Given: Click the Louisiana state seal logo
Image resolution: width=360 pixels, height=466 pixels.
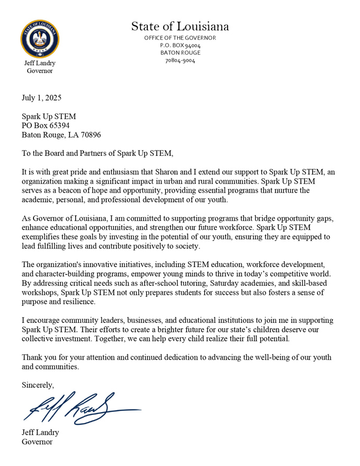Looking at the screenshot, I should [40, 39].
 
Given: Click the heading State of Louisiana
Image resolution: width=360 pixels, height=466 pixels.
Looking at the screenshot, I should [180, 26].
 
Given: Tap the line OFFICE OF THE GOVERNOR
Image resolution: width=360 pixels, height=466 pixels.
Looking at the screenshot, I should [180, 38].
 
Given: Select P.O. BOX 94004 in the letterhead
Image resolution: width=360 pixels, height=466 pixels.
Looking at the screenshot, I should [180, 45].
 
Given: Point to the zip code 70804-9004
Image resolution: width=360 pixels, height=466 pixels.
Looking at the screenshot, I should [180, 61].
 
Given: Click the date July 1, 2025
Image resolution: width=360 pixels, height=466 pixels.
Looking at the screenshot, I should [41, 98].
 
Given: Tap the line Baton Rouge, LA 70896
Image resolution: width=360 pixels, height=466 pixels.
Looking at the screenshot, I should [61, 135].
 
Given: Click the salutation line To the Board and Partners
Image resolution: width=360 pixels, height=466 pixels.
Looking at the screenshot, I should [97, 153].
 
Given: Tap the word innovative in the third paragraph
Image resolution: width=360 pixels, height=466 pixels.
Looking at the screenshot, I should [103, 264].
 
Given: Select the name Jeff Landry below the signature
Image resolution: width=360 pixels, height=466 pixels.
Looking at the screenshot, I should [40, 432].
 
